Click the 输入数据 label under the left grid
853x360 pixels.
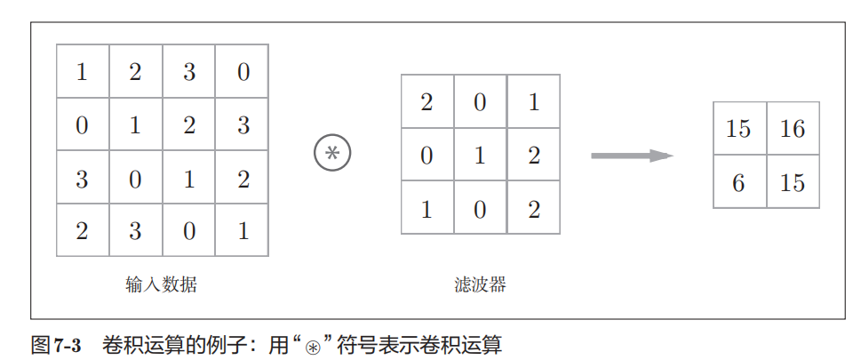pos(162,285)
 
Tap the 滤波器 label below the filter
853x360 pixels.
pos(480,285)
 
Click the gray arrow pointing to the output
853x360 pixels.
pos(632,156)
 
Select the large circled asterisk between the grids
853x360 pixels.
pos(332,154)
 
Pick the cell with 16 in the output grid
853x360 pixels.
pos(793,129)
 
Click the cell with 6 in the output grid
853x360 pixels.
pos(739,182)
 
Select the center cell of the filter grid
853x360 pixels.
pos(480,156)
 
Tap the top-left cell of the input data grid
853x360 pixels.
pos(83,71)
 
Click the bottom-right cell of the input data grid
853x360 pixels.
pos(243,231)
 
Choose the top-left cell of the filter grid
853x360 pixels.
pos(426,102)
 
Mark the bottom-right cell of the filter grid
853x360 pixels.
pos(533,209)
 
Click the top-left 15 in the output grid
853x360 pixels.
pos(739,129)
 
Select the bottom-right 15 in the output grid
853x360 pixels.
pos(793,182)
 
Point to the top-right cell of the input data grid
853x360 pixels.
pos(243,71)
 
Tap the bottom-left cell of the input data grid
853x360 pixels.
pos(83,231)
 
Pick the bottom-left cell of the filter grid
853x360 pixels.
pos(426,209)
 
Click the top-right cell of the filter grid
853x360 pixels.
pos(533,102)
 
